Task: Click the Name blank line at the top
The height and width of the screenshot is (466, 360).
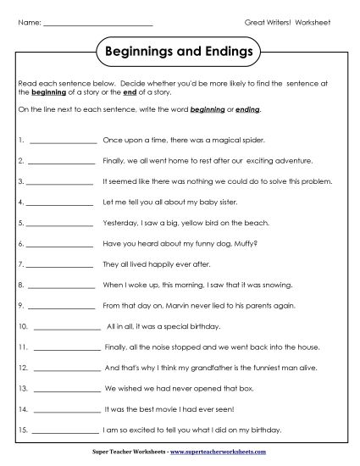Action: [97, 23]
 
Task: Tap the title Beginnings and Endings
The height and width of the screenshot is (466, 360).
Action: [180, 52]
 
